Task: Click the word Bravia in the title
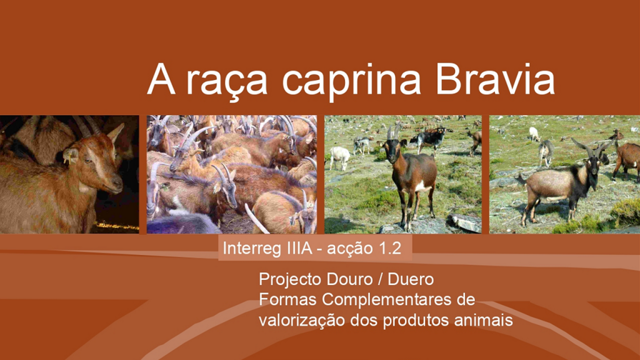pyautogui.click(x=495, y=79)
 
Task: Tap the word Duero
pyautogui.click(x=410, y=279)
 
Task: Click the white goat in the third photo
pyautogui.click(x=339, y=157)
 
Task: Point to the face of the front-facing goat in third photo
pyautogui.click(x=392, y=151)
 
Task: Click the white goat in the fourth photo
pyautogui.click(x=534, y=134)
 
